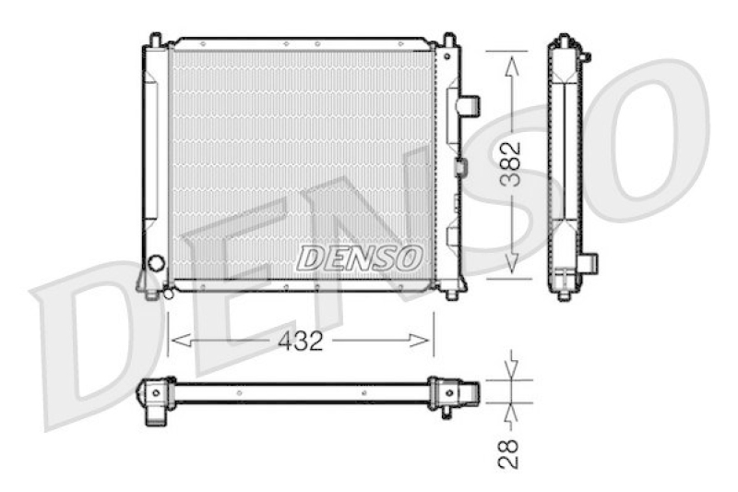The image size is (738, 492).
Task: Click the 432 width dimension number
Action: [301, 341]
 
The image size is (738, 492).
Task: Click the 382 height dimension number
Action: [511, 163]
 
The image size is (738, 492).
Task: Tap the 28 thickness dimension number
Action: [509, 453]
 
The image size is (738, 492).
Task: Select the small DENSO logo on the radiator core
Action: [359, 258]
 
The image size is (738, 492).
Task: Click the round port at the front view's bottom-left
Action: [156, 263]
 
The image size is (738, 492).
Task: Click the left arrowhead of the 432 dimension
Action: [181, 341]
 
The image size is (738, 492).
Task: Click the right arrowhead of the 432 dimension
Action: [420, 341]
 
